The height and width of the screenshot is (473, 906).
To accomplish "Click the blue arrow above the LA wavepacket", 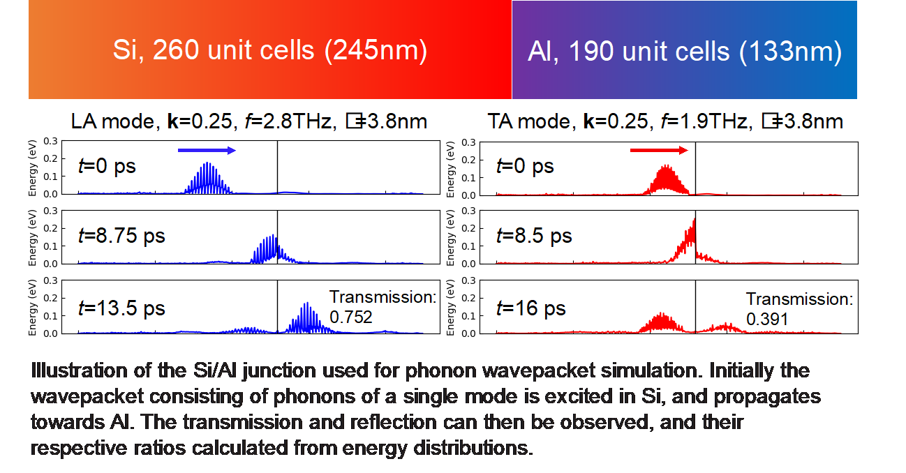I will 207,150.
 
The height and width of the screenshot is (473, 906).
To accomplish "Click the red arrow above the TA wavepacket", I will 659,150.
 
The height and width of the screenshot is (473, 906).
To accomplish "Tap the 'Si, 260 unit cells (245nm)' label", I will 269,51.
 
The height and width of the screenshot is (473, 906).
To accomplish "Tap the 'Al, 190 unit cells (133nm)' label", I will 684,51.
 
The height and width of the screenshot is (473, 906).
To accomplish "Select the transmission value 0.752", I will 350,317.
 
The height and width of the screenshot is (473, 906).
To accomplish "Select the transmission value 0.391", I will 767,320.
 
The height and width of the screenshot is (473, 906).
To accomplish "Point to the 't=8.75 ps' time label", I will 121,236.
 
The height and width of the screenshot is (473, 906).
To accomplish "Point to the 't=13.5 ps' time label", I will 121,308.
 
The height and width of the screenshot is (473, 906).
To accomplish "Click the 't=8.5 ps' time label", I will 534,236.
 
